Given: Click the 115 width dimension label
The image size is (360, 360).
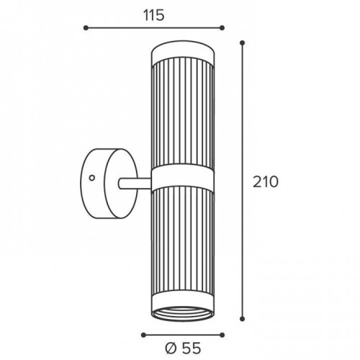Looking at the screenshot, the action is point(154,16).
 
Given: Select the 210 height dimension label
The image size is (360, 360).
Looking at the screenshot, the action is point(266,182).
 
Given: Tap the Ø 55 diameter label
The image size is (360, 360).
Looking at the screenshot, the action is point(183,348).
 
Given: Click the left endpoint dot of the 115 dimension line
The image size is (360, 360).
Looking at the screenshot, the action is point(86,28).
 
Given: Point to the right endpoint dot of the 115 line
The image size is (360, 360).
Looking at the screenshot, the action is point(222,28).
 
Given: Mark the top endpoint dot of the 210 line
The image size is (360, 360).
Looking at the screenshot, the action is point(243,43).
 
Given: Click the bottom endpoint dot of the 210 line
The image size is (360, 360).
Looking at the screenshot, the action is point(243,319).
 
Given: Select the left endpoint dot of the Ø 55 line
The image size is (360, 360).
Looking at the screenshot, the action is point(143,335).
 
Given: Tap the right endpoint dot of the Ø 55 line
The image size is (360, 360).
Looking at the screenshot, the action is point(222,335).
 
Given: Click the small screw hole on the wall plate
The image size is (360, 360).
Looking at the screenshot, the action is point(91,178).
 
